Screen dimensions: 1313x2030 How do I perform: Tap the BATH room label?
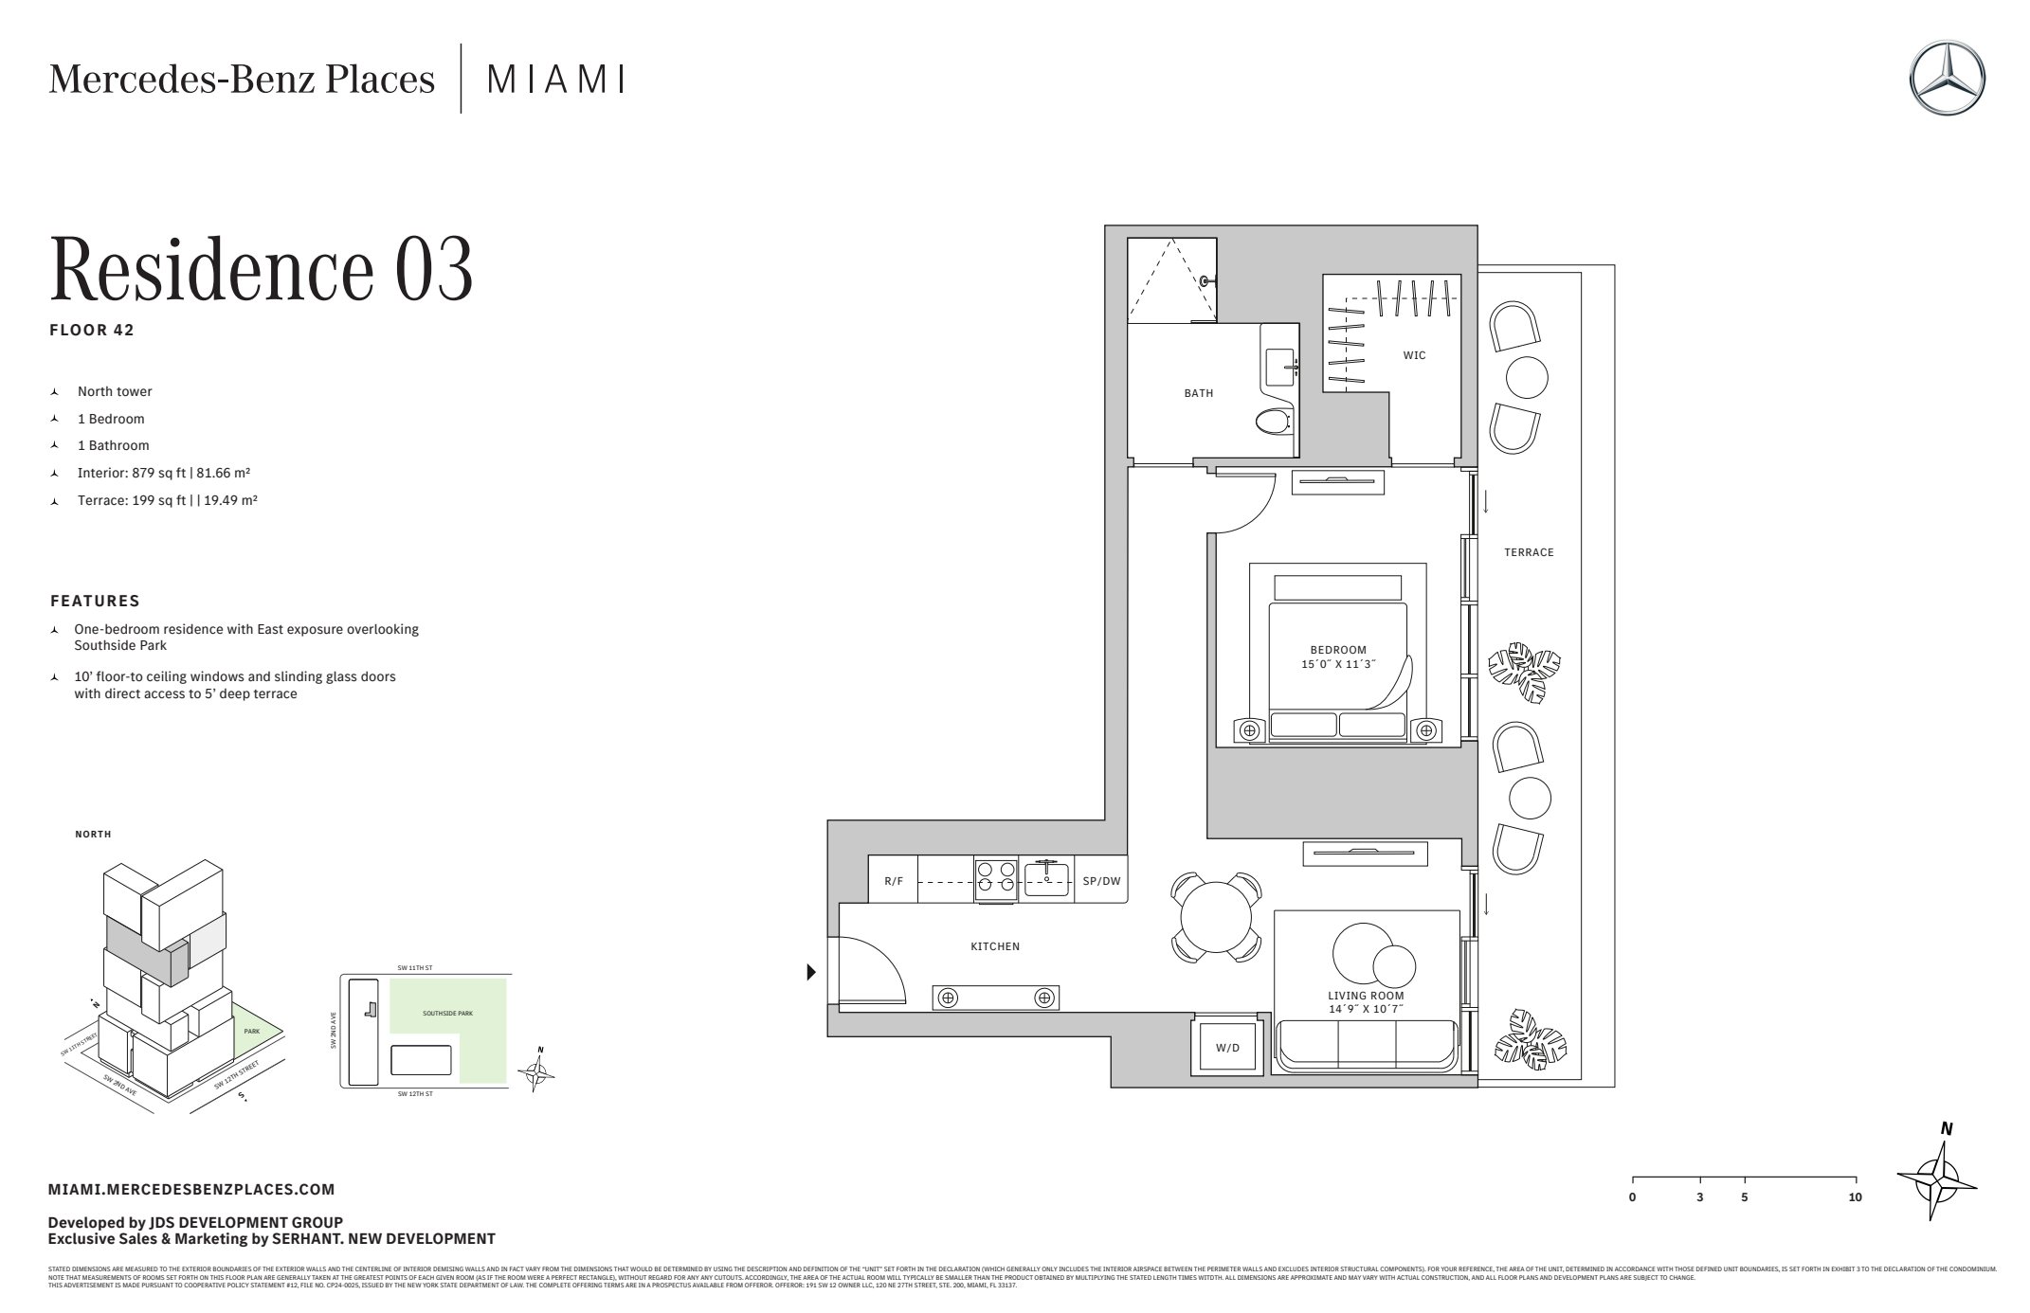pos(1198,393)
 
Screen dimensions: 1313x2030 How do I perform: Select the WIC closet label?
pos(1414,355)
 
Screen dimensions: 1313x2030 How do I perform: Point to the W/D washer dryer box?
pos(1227,1049)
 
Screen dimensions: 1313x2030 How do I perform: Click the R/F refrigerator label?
pos(894,881)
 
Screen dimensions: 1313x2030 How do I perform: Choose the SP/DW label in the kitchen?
pos(1101,881)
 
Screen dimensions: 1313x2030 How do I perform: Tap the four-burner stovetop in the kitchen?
pos(996,879)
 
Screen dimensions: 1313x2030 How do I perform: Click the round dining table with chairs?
pos(1216,916)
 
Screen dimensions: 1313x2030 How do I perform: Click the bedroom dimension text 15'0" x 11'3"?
pos(1338,665)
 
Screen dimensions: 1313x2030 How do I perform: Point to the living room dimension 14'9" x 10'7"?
pos(1366,1010)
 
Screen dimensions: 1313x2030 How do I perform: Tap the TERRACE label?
pos(1529,552)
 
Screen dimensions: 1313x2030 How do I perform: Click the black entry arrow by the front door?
pos(811,972)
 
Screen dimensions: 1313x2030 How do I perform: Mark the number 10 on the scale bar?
pos(1855,1197)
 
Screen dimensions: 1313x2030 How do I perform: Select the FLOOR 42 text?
pos(92,331)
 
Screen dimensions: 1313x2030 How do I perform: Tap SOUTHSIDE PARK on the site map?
pos(447,1014)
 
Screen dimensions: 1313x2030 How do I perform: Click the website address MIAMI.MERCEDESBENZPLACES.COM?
pos(191,1190)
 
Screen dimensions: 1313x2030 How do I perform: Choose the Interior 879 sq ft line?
pos(163,473)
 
